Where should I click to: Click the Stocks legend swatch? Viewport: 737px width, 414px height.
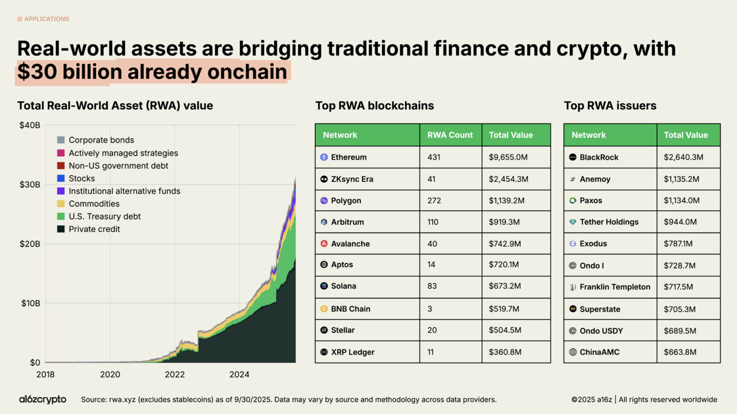click(x=61, y=178)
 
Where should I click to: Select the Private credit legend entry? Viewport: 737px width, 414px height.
click(x=94, y=229)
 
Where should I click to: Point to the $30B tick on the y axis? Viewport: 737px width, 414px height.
click(x=30, y=184)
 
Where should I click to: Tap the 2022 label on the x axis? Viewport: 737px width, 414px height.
click(x=175, y=375)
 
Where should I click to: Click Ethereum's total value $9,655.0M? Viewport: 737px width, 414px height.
click(x=508, y=157)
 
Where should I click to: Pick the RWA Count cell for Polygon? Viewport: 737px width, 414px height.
click(x=434, y=201)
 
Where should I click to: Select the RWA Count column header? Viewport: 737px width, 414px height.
click(x=450, y=135)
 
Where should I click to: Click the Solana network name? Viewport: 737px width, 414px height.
click(x=344, y=286)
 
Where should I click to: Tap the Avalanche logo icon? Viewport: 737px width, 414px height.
click(x=324, y=243)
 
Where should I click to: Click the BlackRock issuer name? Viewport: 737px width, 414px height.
click(x=599, y=157)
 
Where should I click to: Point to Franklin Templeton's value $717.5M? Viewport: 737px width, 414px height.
click(x=678, y=287)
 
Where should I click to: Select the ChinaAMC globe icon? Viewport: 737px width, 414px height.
click(x=572, y=352)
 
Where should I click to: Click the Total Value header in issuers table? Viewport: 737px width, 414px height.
click(x=686, y=135)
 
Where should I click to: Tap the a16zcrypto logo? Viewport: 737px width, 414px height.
click(x=43, y=400)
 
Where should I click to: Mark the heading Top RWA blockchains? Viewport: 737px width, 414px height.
click(x=374, y=106)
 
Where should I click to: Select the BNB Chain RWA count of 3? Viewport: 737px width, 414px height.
click(x=430, y=309)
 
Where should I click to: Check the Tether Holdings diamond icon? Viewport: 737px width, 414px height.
click(x=572, y=222)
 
